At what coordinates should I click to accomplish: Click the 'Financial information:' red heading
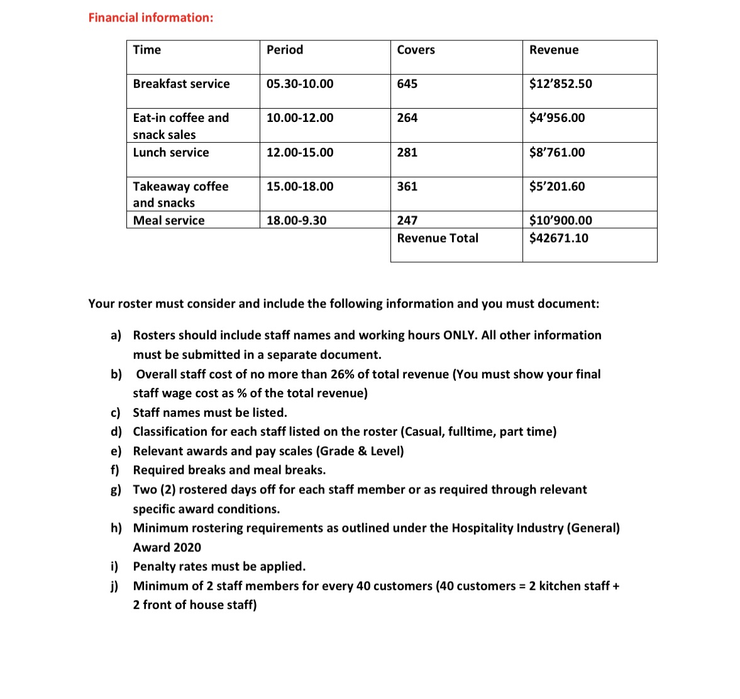[x=151, y=18]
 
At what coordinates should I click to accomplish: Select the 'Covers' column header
[x=416, y=50]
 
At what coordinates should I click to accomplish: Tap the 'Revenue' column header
[x=554, y=50]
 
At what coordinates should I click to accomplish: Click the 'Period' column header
[x=285, y=50]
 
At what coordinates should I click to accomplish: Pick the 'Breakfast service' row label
[x=181, y=84]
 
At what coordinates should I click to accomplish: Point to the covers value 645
[x=407, y=84]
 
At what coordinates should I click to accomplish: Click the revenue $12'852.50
[x=560, y=84]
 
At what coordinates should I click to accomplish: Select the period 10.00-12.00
[x=300, y=118]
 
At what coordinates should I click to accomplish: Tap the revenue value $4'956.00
[x=557, y=118]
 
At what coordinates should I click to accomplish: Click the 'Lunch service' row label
[x=171, y=153]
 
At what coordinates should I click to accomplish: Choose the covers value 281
[x=407, y=153]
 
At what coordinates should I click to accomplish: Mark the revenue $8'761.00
[x=557, y=153]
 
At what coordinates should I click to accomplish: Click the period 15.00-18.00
[x=300, y=187]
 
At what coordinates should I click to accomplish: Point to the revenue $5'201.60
[x=557, y=187]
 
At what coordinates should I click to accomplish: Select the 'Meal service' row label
[x=168, y=221]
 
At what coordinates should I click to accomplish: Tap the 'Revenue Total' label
[x=438, y=238]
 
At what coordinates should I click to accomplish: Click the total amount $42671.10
[x=559, y=238]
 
